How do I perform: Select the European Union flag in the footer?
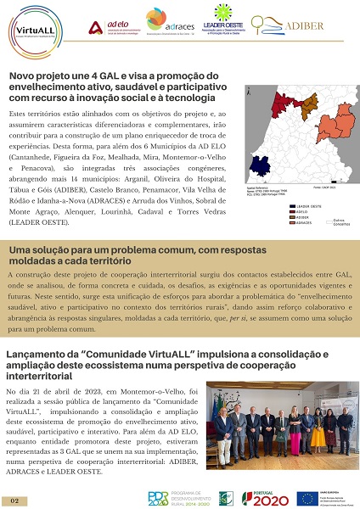[307, 498]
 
